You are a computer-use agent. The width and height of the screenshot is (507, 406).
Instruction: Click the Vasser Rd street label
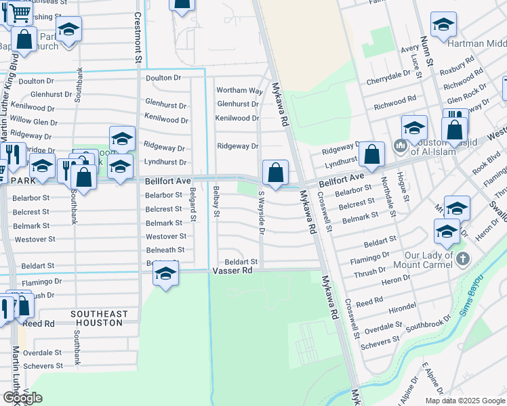[x=232, y=270]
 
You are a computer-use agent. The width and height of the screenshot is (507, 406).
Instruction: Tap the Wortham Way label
[x=239, y=91]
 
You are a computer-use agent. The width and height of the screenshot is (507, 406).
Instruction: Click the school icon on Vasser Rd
[x=165, y=274]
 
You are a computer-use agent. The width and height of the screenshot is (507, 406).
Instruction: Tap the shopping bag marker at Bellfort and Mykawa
[x=275, y=173]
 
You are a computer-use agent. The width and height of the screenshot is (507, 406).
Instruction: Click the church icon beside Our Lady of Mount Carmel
[x=463, y=258]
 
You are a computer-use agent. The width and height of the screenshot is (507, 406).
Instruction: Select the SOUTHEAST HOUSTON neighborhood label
[x=98, y=318]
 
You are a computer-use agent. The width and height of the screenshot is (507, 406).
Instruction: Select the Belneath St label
[x=165, y=250]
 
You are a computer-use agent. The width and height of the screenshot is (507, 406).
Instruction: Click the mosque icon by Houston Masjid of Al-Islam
[x=400, y=145]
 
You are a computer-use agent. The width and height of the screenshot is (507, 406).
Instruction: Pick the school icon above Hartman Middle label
[x=443, y=25]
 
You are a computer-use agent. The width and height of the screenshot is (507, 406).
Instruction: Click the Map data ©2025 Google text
[x=464, y=401]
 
